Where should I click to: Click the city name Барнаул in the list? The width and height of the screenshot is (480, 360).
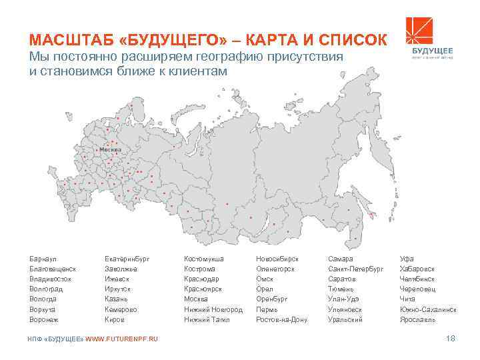click(41, 258)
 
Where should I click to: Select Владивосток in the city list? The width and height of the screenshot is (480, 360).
click(48, 279)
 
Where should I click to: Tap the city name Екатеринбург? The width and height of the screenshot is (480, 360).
click(127, 258)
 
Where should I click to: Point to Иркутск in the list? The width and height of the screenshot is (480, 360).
click(118, 289)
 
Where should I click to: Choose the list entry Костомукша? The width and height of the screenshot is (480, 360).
click(204, 258)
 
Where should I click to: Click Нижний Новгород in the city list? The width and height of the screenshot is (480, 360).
click(213, 309)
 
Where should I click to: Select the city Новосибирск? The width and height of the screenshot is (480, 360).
click(277, 258)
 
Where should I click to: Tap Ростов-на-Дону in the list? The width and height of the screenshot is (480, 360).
click(282, 319)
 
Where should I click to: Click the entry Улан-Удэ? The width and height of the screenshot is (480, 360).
click(344, 299)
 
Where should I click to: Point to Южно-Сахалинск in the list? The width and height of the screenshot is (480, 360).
click(429, 309)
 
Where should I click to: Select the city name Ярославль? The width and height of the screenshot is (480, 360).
click(417, 319)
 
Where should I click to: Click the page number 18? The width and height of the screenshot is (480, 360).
click(450, 340)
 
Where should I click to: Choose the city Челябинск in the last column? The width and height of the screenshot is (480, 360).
click(417, 279)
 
